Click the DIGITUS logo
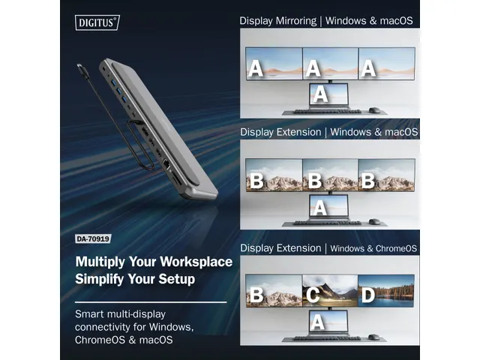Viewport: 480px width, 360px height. (97, 22)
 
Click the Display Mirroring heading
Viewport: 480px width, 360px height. (277, 20)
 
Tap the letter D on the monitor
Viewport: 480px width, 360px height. (367, 295)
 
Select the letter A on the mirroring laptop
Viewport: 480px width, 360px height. (320, 94)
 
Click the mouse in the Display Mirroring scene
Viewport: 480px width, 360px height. (374, 110)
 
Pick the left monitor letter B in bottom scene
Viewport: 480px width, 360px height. (256, 295)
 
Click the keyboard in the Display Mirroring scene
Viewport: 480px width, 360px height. (322, 111)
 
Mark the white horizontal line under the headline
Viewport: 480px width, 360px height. (150, 301)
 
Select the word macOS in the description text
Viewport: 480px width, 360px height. (156, 340)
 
